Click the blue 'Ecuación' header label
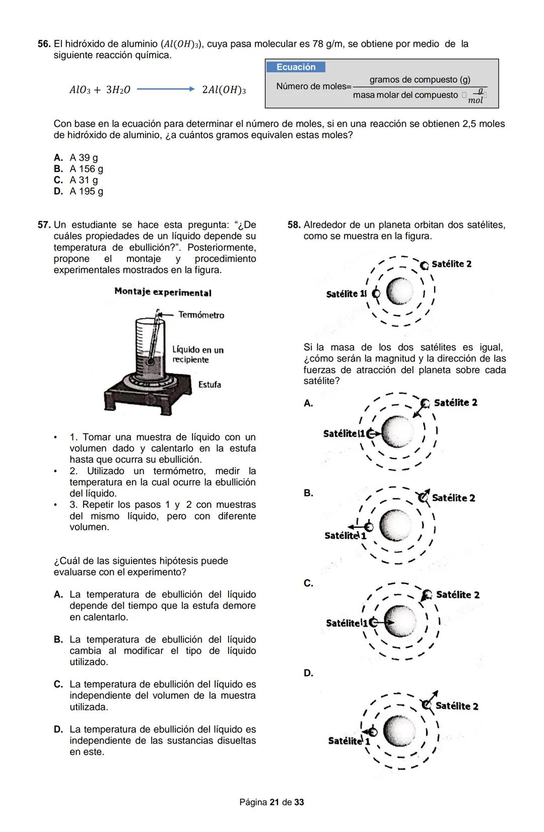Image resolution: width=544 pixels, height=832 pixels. [296, 67]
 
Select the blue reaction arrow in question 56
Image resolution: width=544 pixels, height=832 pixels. [165, 89]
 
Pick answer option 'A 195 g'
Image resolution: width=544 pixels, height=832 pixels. [86, 191]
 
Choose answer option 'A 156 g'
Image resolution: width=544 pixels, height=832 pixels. [86, 169]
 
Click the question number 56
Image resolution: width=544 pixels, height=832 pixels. [44, 44]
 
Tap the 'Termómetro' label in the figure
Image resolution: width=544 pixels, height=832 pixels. [201, 315]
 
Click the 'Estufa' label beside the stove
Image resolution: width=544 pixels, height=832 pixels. [210, 385]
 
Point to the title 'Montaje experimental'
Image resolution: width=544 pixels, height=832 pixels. [163, 292]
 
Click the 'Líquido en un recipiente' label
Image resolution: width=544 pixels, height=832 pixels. [197, 354]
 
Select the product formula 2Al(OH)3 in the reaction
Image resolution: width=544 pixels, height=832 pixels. [224, 90]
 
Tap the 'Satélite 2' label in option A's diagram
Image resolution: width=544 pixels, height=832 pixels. [455, 403]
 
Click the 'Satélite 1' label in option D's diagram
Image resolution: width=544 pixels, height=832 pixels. [349, 741]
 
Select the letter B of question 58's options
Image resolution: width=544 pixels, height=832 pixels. [308, 493]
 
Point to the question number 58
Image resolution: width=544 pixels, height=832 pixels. [294, 225]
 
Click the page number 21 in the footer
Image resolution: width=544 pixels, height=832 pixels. [275, 802]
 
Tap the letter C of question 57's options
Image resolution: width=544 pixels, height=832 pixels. [58, 684]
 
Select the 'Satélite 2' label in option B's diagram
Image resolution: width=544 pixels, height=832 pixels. [453, 498]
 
